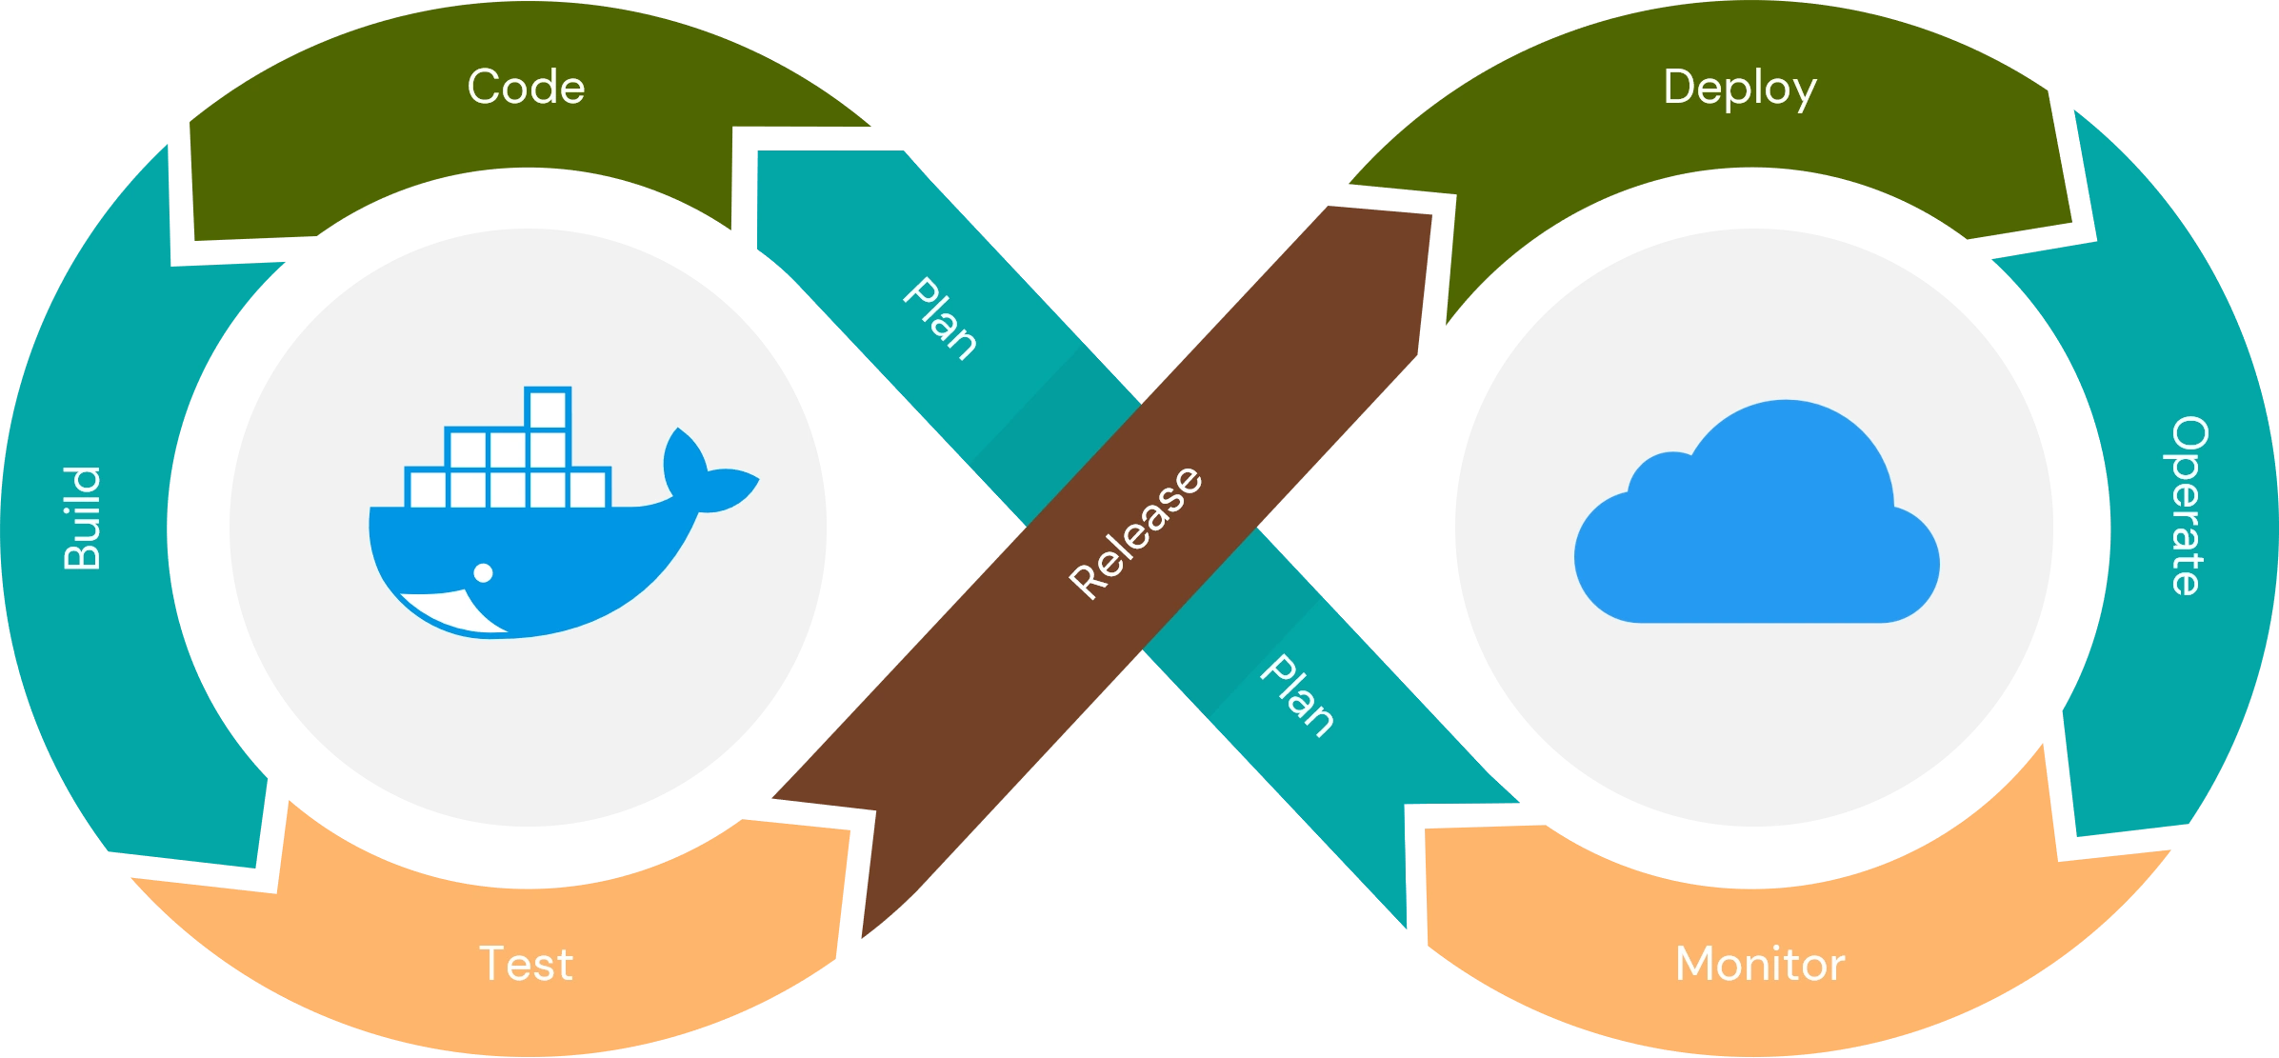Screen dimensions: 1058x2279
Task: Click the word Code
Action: click(x=526, y=88)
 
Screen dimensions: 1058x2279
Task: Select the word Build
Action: click(x=83, y=518)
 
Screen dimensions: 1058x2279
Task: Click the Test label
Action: click(x=526, y=964)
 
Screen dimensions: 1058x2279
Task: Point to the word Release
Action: click(x=1135, y=533)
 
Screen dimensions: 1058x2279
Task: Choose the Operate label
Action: click(x=2188, y=506)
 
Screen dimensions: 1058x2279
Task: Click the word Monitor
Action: click(x=1760, y=964)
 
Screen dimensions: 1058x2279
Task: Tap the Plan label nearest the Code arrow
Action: click(x=940, y=319)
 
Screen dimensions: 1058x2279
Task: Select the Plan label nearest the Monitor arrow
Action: click(x=1296, y=696)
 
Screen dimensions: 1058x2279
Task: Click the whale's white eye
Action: click(x=483, y=572)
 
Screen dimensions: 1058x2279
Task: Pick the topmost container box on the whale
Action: click(x=548, y=409)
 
